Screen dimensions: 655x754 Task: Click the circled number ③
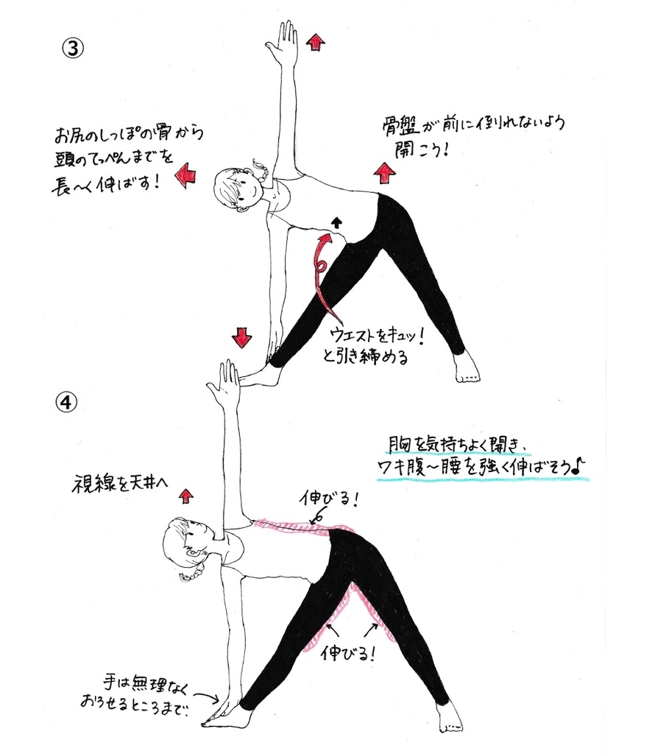(74, 49)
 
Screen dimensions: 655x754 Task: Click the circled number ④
(67, 401)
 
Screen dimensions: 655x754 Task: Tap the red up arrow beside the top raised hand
(316, 42)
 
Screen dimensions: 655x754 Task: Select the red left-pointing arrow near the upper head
(185, 175)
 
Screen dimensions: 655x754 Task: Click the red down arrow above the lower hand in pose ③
(241, 337)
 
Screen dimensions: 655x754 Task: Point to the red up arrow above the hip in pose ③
(384, 173)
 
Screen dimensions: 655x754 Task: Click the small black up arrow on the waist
(337, 222)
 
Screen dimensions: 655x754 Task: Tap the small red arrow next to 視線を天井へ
(186, 496)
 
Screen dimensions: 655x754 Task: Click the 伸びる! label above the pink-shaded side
(328, 500)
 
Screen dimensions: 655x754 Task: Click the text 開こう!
(422, 149)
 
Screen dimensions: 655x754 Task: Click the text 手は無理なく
(146, 684)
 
